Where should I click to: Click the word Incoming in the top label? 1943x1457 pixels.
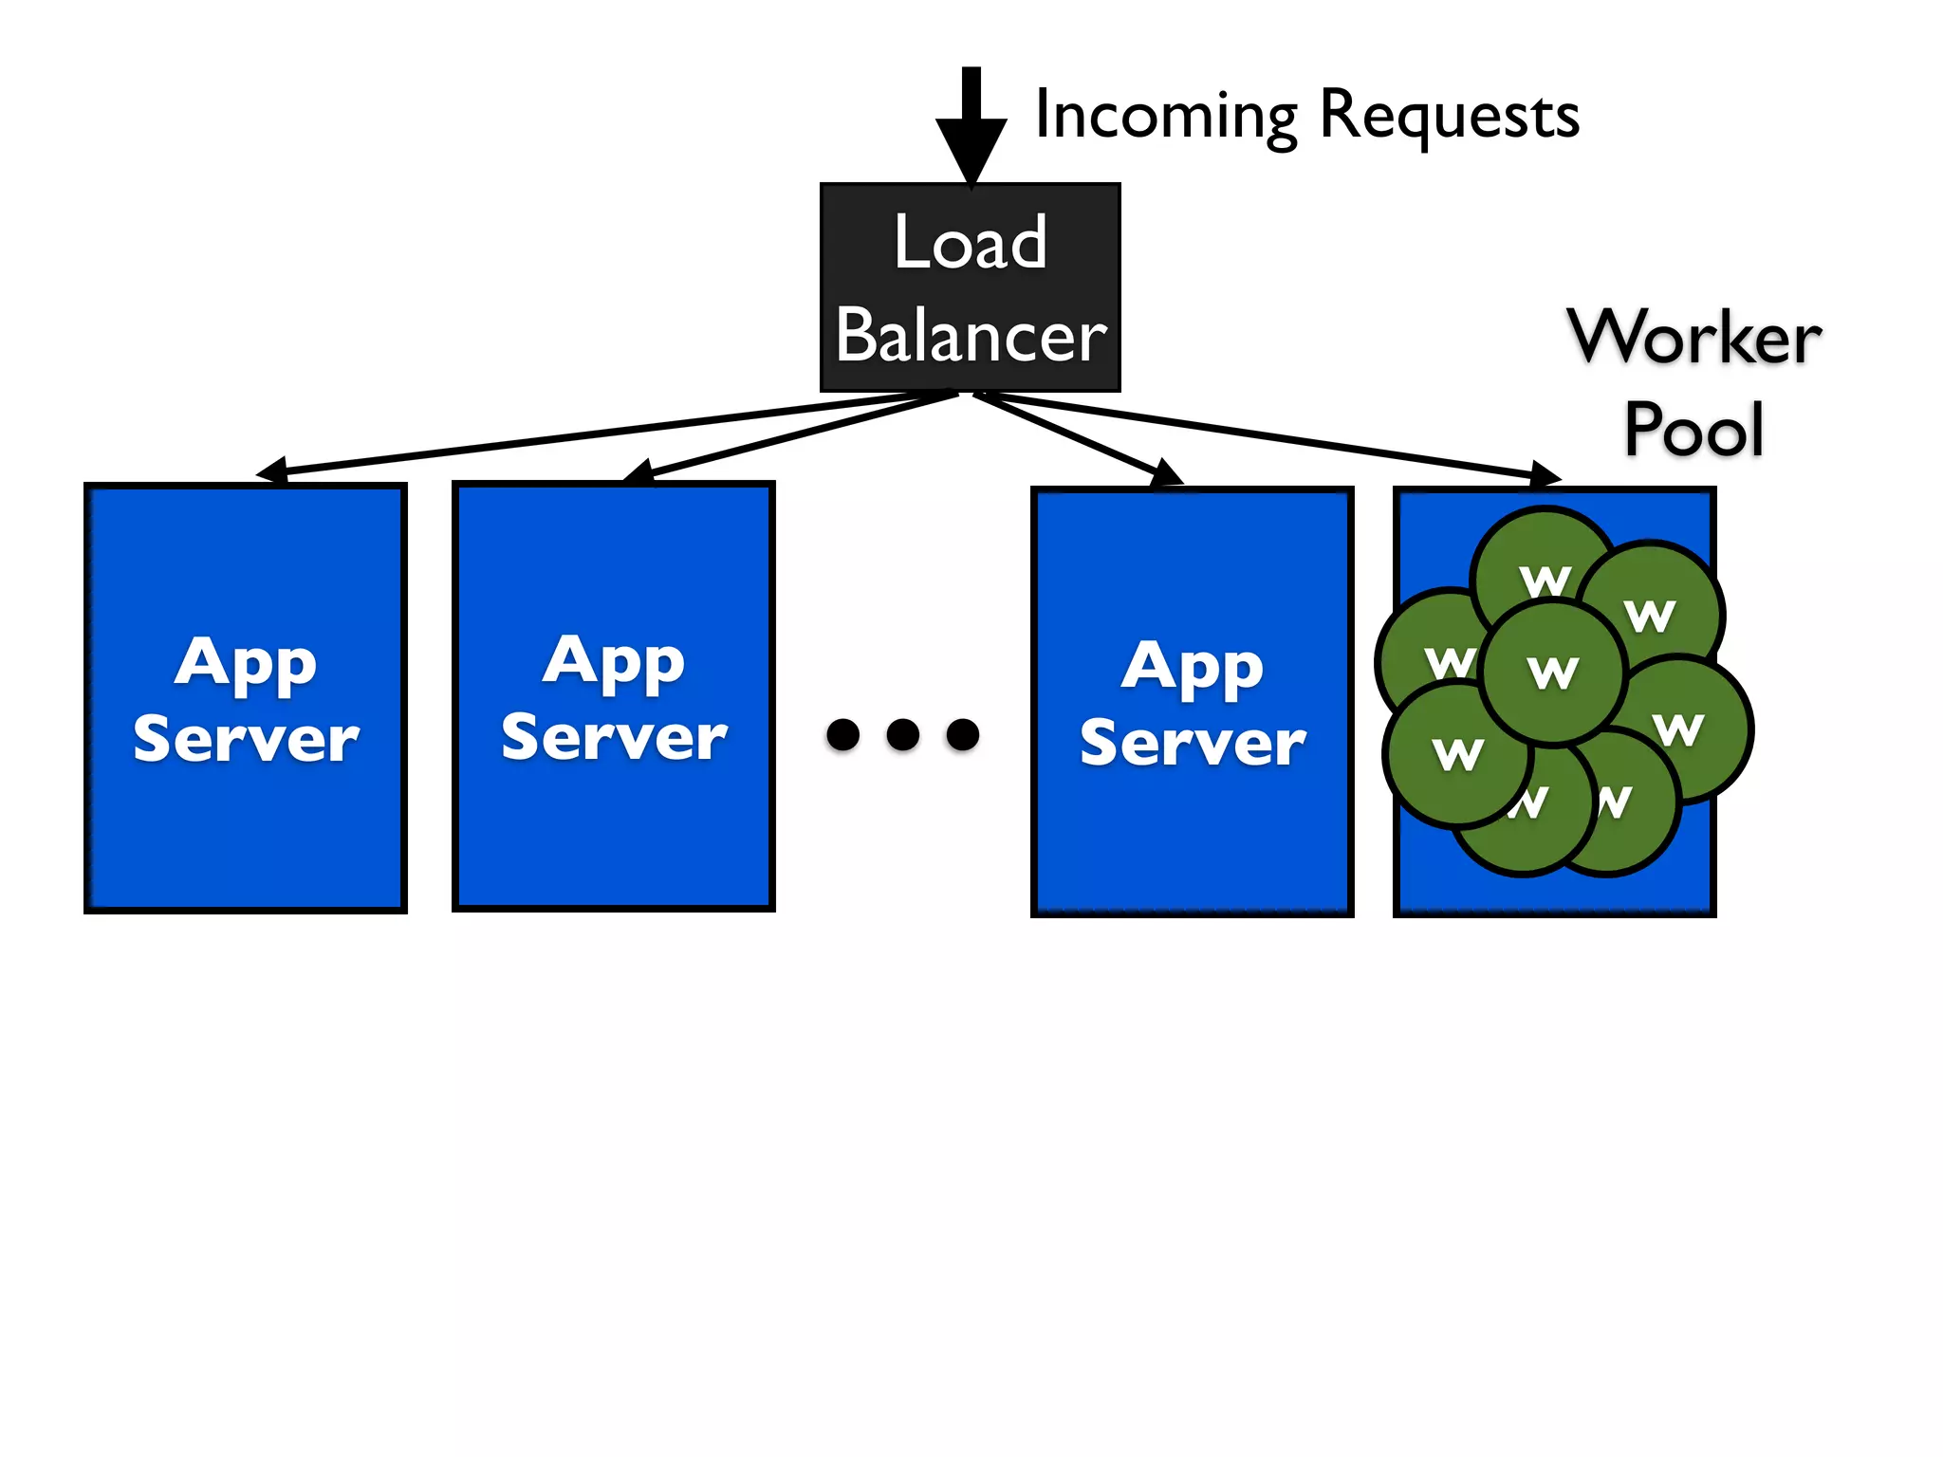coord(1165,116)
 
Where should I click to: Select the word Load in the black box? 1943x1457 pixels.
coord(971,243)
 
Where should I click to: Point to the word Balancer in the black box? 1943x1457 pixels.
coord(971,336)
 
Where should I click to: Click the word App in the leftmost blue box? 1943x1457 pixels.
coord(245,662)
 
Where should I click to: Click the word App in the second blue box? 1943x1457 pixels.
coord(614,660)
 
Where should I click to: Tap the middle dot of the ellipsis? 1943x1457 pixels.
coord(902,734)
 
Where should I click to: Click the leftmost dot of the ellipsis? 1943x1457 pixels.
coord(842,734)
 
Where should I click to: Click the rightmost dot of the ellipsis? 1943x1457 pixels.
coord(963,734)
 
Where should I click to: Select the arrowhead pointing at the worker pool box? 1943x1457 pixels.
coord(1545,474)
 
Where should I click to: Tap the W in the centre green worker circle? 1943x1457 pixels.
coord(1553,673)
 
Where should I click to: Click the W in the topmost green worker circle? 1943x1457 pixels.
coord(1545,581)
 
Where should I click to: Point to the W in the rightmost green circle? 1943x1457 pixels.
coord(1678,729)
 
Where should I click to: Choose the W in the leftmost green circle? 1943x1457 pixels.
coord(1449,662)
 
